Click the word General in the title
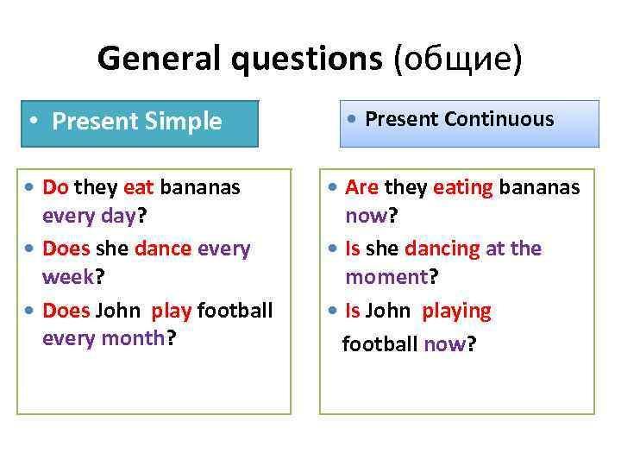point(159,59)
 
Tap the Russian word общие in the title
point(458,60)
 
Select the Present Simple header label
point(136,122)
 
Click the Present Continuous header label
point(460,119)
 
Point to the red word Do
point(55,187)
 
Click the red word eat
point(138,188)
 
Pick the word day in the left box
point(118,217)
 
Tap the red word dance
point(163,249)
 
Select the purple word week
point(68,276)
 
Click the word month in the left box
point(133,338)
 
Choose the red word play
point(172,311)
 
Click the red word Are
point(361,187)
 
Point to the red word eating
point(463,188)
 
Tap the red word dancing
point(442,249)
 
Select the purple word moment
point(387,277)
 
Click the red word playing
point(456,312)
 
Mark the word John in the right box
point(387,311)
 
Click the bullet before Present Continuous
point(351,118)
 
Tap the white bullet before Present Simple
point(34,120)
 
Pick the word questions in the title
point(307,60)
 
